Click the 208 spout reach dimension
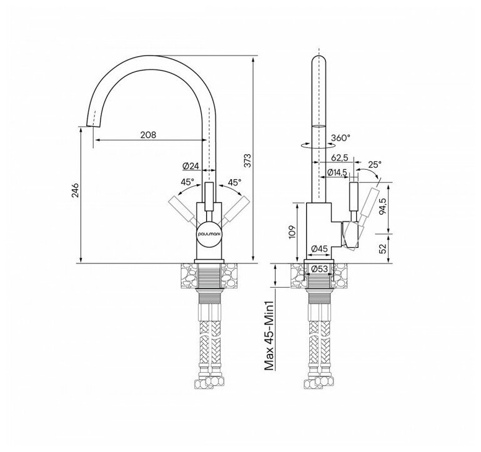coord(147,135)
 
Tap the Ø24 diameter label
coord(191,165)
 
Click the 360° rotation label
coord(340,138)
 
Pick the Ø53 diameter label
coord(321,269)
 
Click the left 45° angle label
coord(187,182)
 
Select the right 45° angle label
coord(234,182)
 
